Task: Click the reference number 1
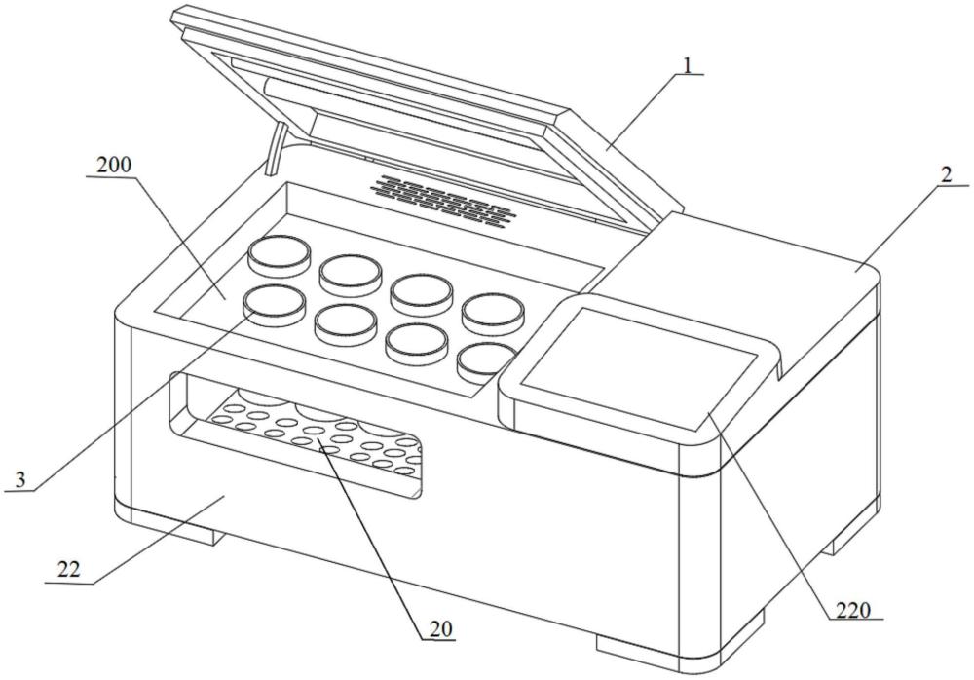689,66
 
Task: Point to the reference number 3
20,478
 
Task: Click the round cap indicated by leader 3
274,304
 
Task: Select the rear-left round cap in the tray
279,255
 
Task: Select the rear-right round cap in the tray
495,311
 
